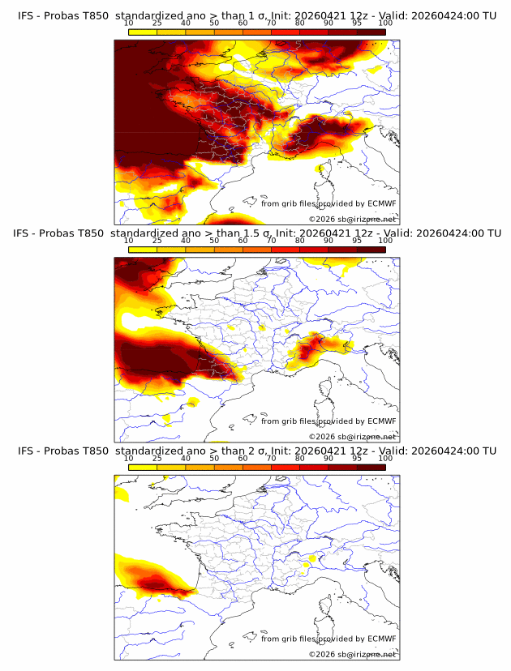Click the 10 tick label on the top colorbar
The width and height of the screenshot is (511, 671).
point(129,24)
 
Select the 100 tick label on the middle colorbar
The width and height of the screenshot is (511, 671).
point(385,241)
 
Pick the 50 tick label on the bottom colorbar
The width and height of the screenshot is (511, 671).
point(214,459)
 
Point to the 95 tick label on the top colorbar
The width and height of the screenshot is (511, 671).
point(357,24)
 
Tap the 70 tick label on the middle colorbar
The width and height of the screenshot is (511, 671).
point(271,241)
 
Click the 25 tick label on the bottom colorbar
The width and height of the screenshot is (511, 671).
point(157,459)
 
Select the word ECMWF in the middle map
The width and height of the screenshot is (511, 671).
point(381,421)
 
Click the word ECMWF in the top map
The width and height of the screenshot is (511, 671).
point(381,203)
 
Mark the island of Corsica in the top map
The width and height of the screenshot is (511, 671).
point(325,171)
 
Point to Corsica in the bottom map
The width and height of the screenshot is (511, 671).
point(325,606)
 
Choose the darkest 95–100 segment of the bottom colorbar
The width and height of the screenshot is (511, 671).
point(371,467)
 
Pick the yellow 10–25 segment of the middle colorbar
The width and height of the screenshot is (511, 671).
point(143,249)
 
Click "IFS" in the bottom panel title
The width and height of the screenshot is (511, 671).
point(26,451)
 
